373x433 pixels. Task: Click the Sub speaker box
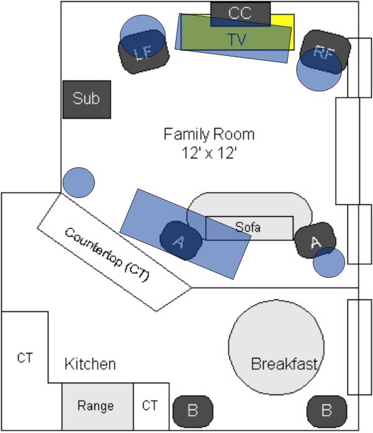[87, 99]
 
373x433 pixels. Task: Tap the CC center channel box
[241, 14]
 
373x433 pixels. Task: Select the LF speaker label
[144, 52]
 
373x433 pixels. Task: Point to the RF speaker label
[324, 53]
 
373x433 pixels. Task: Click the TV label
[237, 40]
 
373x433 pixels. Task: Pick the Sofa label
[248, 227]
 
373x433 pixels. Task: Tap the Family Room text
[209, 134]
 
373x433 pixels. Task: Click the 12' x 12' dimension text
[210, 153]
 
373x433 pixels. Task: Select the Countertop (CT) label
[107, 255]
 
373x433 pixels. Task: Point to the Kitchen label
[90, 364]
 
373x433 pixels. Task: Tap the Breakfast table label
[285, 363]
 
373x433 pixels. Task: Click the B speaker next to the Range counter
[193, 411]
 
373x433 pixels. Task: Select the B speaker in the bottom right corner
[327, 411]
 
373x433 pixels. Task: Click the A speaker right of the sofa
[315, 240]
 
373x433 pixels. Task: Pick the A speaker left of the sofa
[181, 241]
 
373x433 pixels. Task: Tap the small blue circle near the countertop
[79, 183]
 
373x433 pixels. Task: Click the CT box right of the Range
[152, 406]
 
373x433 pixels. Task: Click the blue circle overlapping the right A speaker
[329, 262]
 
